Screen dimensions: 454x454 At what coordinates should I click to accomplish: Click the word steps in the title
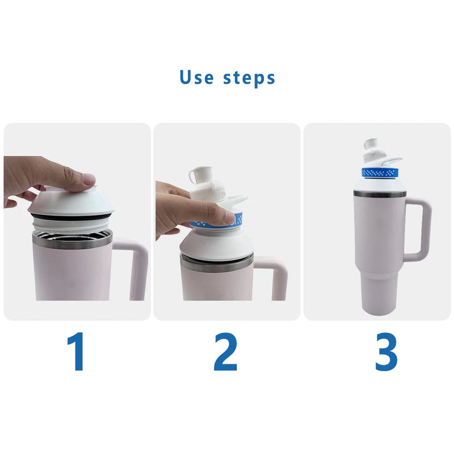pos(249,78)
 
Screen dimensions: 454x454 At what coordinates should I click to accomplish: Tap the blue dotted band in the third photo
pos(379,172)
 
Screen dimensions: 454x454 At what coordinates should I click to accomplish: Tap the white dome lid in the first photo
pos(71,204)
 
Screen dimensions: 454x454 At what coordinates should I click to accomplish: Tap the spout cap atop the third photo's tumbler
pos(372,147)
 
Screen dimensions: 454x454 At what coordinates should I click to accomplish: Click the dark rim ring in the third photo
pos(379,194)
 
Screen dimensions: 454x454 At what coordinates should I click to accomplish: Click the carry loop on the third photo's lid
pos(392,162)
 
